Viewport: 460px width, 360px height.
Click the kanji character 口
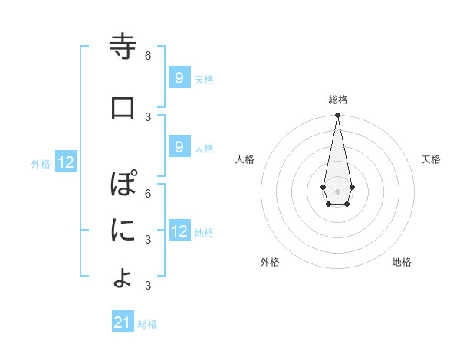pyautogui.click(x=123, y=107)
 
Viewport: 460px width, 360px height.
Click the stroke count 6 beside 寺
pyautogui.click(x=148, y=55)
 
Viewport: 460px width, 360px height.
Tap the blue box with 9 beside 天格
pyautogui.click(x=179, y=77)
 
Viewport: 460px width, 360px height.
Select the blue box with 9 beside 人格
pyautogui.click(x=179, y=147)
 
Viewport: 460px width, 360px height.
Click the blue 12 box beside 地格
pyautogui.click(x=179, y=231)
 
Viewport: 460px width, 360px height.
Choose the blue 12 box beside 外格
pyautogui.click(x=66, y=162)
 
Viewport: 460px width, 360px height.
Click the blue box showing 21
pyautogui.click(x=123, y=322)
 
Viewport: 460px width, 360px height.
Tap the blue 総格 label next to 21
pyautogui.click(x=147, y=324)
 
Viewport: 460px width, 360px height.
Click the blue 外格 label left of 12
pyautogui.click(x=41, y=163)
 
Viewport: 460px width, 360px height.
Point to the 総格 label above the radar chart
pyautogui.click(x=337, y=100)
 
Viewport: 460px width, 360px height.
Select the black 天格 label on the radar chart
pyautogui.click(x=431, y=159)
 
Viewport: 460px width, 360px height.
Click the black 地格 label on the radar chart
pyautogui.click(x=402, y=262)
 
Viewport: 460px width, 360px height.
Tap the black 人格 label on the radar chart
pyautogui.click(x=245, y=159)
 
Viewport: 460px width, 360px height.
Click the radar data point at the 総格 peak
pyautogui.click(x=337, y=115)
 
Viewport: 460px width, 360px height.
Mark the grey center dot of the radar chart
pyautogui.click(x=337, y=190)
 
